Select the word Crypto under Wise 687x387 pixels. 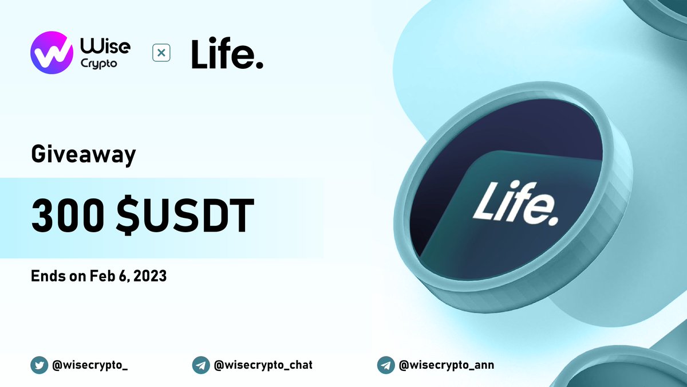102,64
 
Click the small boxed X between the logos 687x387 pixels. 161,53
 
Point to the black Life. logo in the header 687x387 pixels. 227,54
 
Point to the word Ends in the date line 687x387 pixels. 45,276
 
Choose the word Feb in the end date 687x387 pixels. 99,276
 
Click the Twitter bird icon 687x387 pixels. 40,365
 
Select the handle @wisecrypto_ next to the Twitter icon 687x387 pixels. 90,365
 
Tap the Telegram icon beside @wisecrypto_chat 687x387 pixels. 201,365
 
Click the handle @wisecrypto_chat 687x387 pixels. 264,365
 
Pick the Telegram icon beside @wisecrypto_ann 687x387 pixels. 386,365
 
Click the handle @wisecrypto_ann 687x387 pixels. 446,365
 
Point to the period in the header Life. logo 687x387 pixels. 259,65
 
